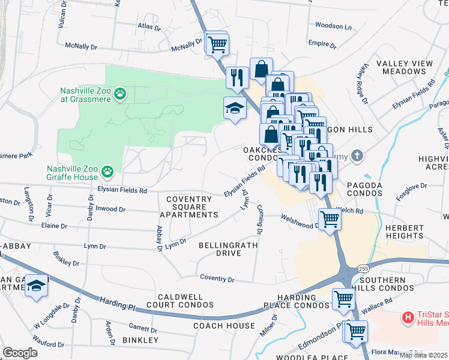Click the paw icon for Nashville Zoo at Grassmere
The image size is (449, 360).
(121, 94)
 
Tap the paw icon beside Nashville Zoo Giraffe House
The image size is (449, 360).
(107, 173)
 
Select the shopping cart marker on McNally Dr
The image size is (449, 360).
(217, 43)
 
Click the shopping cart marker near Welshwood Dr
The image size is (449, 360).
(330, 219)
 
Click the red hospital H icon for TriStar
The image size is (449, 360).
(408, 316)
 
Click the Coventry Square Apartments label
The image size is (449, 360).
(188, 207)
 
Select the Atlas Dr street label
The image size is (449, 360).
(149, 27)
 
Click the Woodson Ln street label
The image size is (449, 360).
(333, 26)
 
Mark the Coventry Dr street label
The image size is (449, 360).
(217, 279)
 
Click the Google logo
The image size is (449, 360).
(20, 353)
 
